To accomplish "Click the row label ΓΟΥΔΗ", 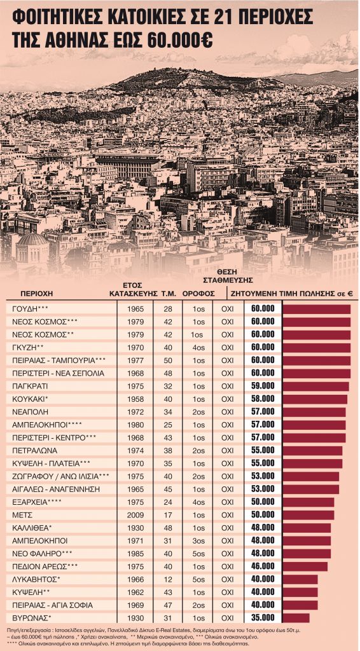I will click(29, 309).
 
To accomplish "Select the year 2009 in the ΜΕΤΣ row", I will click(135, 515).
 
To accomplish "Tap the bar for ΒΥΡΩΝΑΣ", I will click(296, 618).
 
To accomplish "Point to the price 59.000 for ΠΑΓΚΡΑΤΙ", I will click(263, 386).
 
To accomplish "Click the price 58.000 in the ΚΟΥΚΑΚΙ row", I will click(263, 399).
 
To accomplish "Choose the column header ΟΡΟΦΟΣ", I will click(198, 294).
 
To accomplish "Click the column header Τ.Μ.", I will click(168, 294).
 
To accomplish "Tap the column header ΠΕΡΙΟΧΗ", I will click(36, 294).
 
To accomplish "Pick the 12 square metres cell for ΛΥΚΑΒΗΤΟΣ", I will click(168, 579).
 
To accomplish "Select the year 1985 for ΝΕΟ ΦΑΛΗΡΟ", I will click(135, 553).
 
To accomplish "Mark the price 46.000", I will click(263, 566).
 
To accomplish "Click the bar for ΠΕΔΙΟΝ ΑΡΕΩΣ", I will click(305, 566).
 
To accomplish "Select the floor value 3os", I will click(198, 540).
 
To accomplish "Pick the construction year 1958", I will click(135, 399).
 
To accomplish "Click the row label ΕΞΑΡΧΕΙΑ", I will click(36, 502).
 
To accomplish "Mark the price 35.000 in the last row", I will click(263, 617).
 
